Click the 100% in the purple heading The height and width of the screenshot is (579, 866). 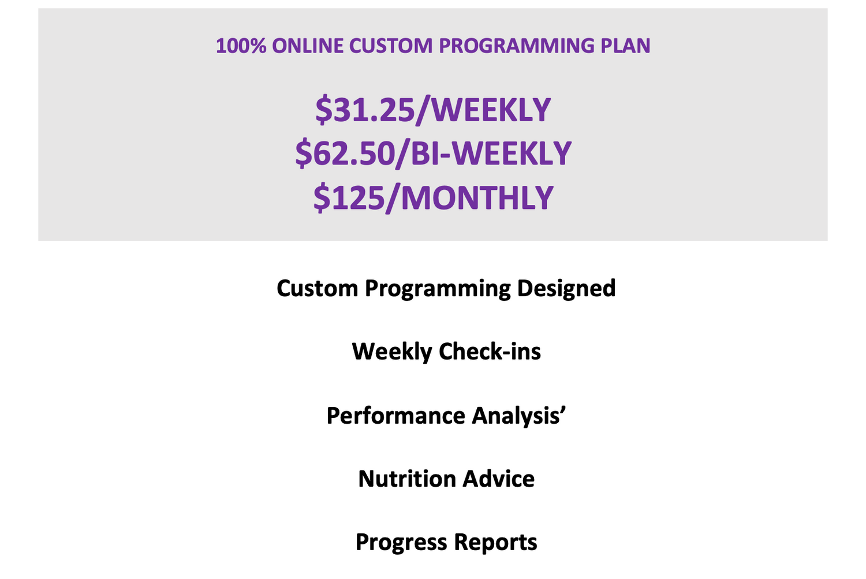click(x=241, y=46)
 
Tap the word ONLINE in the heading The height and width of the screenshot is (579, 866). click(x=308, y=46)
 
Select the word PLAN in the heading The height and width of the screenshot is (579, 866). click(x=625, y=46)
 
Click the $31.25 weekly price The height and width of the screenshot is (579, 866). click(x=364, y=110)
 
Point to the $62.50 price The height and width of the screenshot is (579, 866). click(x=345, y=154)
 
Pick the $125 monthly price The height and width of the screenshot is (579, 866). click(x=349, y=197)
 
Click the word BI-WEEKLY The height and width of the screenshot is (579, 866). click(x=491, y=154)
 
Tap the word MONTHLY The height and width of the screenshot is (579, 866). click(x=477, y=197)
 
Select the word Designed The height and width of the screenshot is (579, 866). click(x=566, y=288)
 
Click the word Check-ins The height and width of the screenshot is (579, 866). click(x=490, y=352)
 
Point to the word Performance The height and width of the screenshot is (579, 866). click(x=396, y=416)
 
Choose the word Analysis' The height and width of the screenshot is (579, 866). click(x=519, y=416)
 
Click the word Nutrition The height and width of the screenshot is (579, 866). click(x=408, y=479)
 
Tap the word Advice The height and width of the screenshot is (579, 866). click(x=499, y=479)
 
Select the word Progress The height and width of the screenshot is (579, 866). click(x=401, y=543)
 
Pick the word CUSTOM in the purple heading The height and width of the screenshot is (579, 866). click(x=391, y=46)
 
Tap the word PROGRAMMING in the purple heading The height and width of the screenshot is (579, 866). click(x=517, y=46)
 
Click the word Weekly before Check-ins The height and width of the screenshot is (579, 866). click(x=392, y=352)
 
